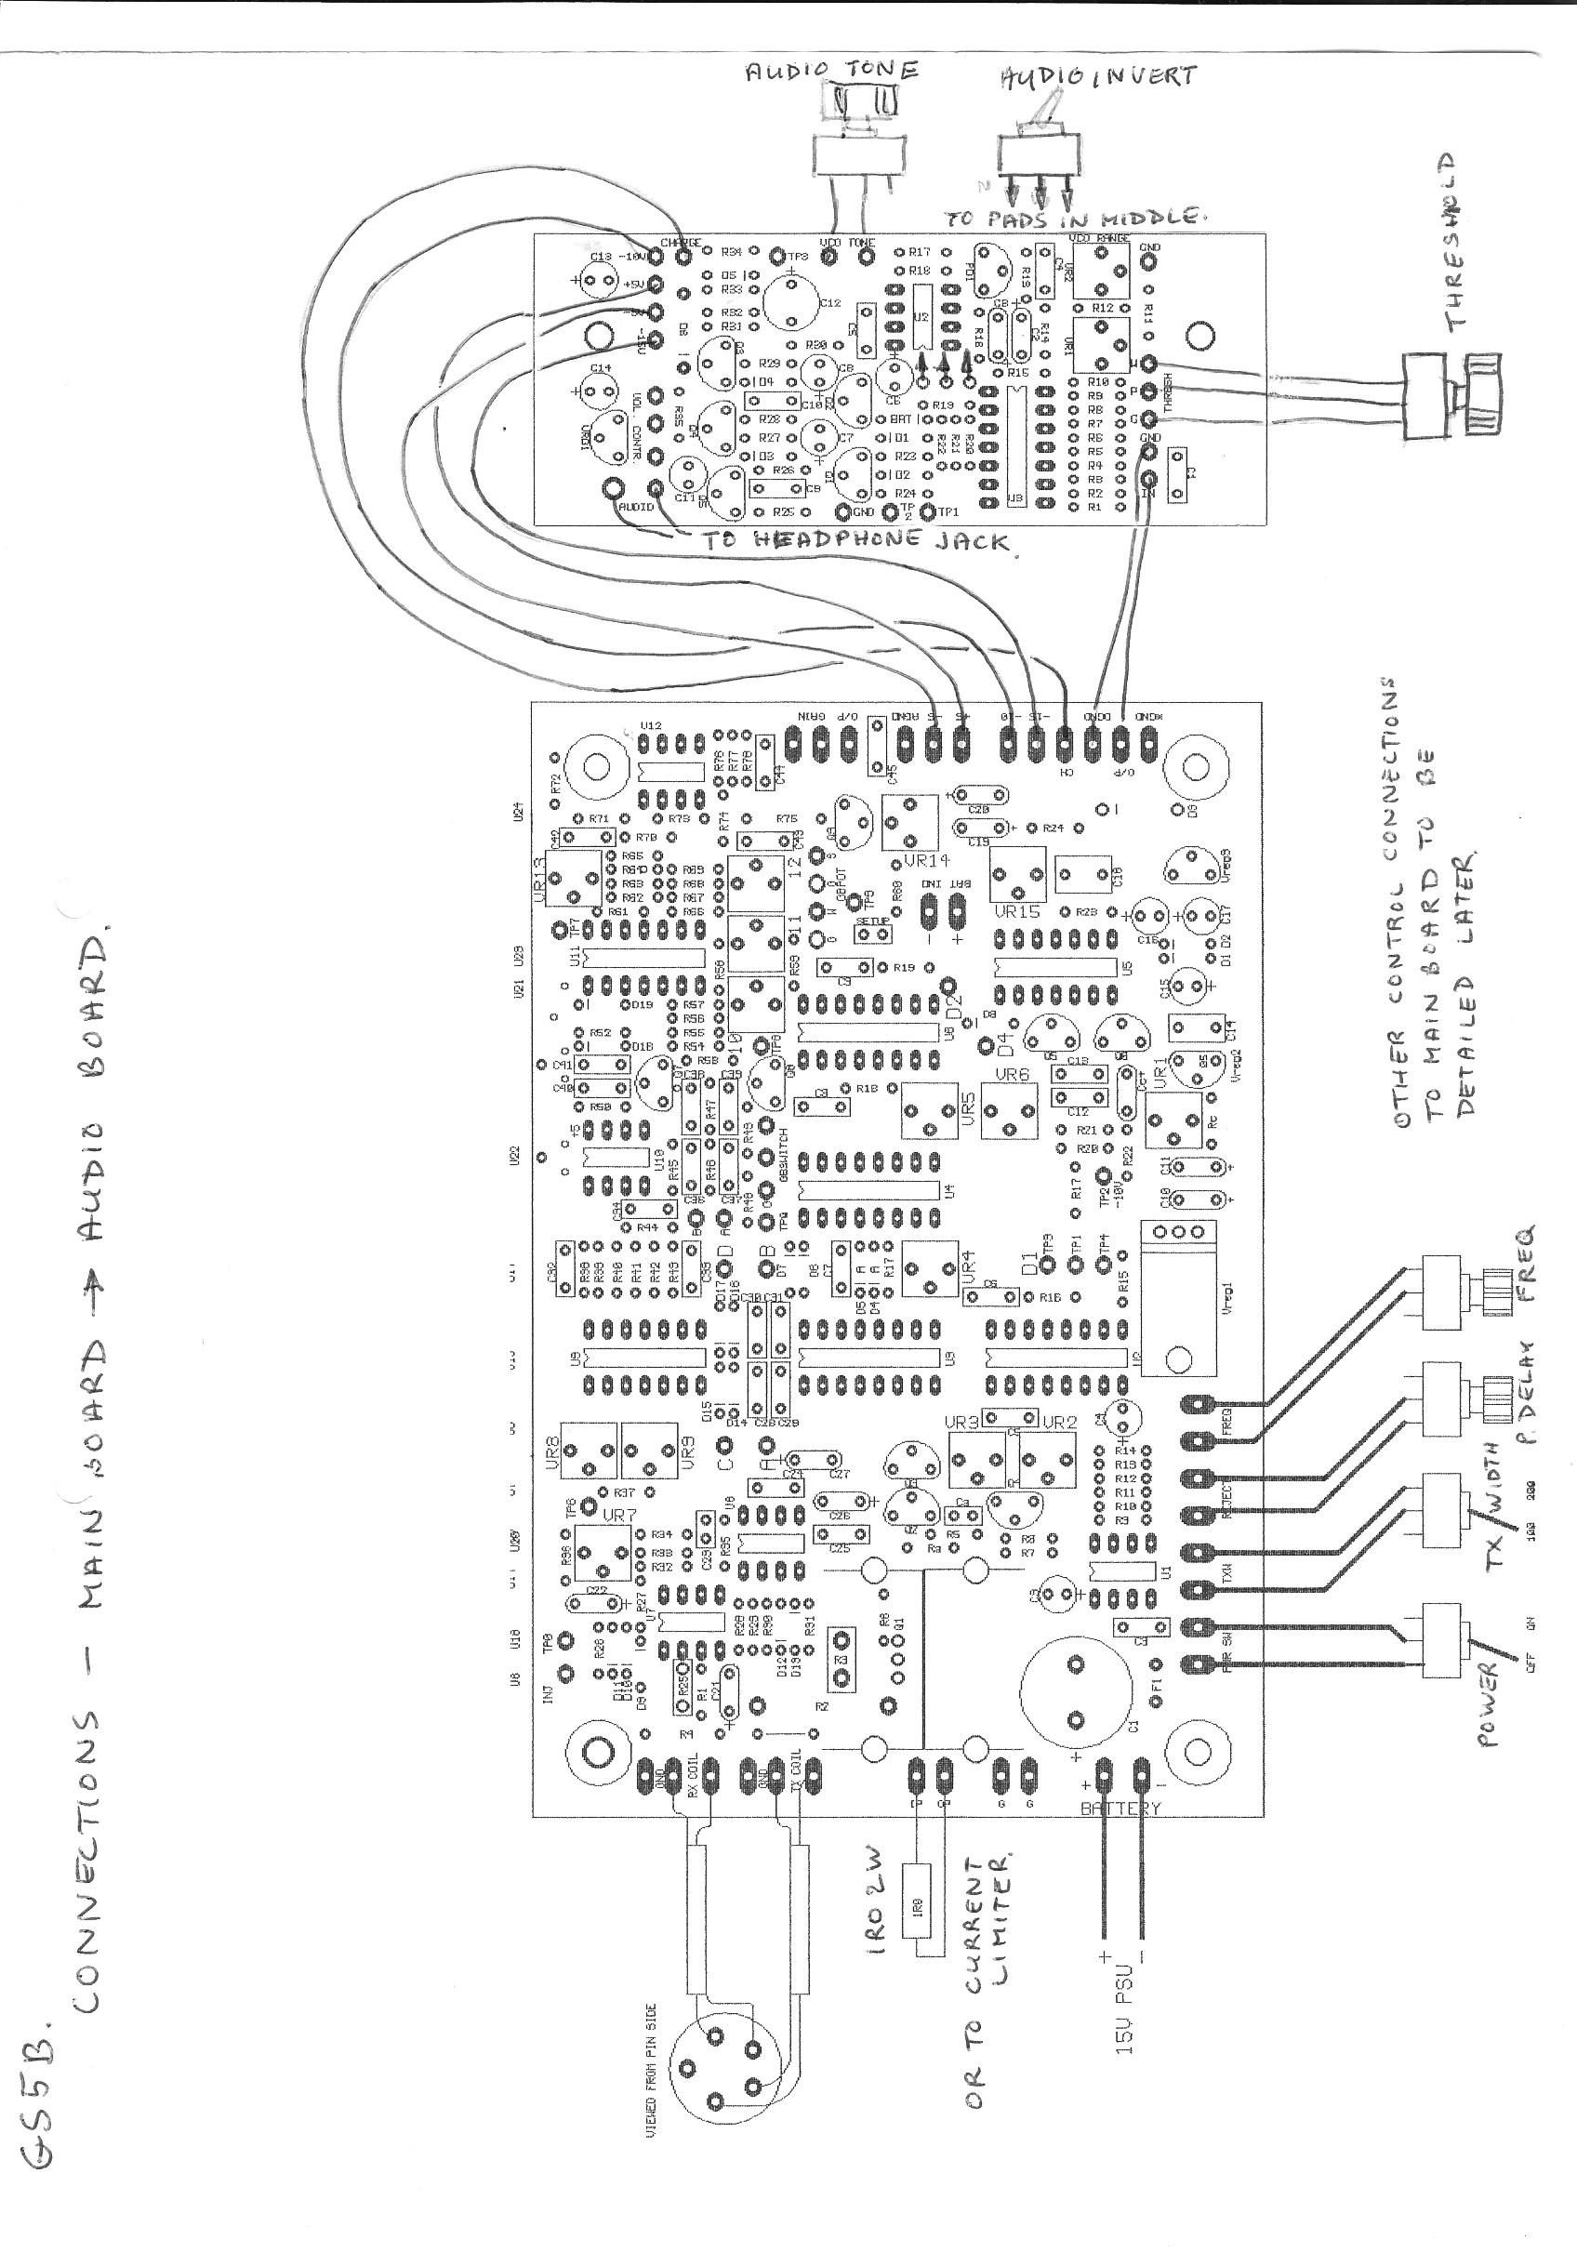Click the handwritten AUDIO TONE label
tap(831, 70)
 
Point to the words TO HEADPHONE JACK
tap(857, 540)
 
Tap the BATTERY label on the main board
tap(1120, 1809)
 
